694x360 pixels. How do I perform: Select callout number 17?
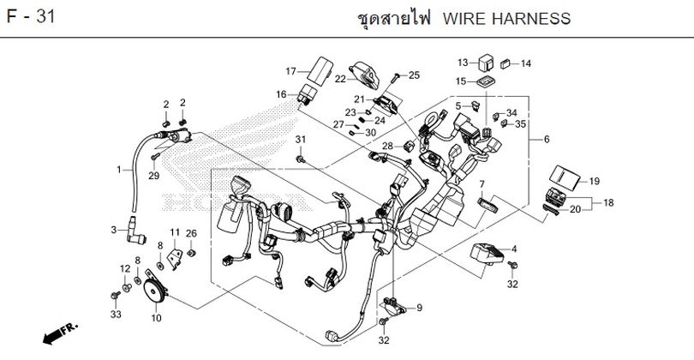coord(290,71)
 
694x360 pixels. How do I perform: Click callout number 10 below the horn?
coord(155,318)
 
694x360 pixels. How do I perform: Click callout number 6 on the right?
coord(547,140)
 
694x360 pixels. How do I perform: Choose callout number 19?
coord(595,181)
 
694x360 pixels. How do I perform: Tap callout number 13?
coord(463,63)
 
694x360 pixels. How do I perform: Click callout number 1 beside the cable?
coord(118,170)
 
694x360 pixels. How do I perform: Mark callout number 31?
coord(301,140)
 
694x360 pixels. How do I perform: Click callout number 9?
coord(419,308)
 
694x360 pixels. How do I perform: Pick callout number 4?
coord(514,249)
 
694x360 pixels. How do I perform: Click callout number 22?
coord(339,79)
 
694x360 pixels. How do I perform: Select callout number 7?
coord(482,184)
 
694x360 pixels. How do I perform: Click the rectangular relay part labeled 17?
coord(321,68)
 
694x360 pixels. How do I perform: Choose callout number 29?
coord(154,176)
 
